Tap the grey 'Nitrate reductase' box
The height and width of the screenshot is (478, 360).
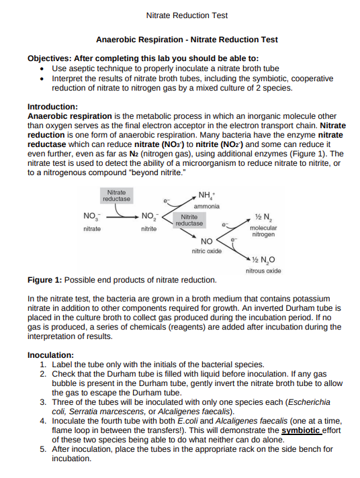(116, 196)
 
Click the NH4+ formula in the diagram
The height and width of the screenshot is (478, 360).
(204, 195)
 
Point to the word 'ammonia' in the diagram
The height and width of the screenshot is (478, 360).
(206, 205)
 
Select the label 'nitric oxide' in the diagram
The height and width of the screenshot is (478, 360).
(206, 250)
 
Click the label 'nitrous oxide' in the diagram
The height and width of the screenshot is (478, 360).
(263, 271)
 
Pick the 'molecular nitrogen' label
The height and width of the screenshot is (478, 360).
(263, 232)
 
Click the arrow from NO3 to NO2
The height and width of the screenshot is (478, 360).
(119, 217)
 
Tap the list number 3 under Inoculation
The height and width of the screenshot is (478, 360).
(43, 401)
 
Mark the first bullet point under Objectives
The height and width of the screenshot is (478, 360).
(43, 69)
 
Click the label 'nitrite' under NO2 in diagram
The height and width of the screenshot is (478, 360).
(149, 230)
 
